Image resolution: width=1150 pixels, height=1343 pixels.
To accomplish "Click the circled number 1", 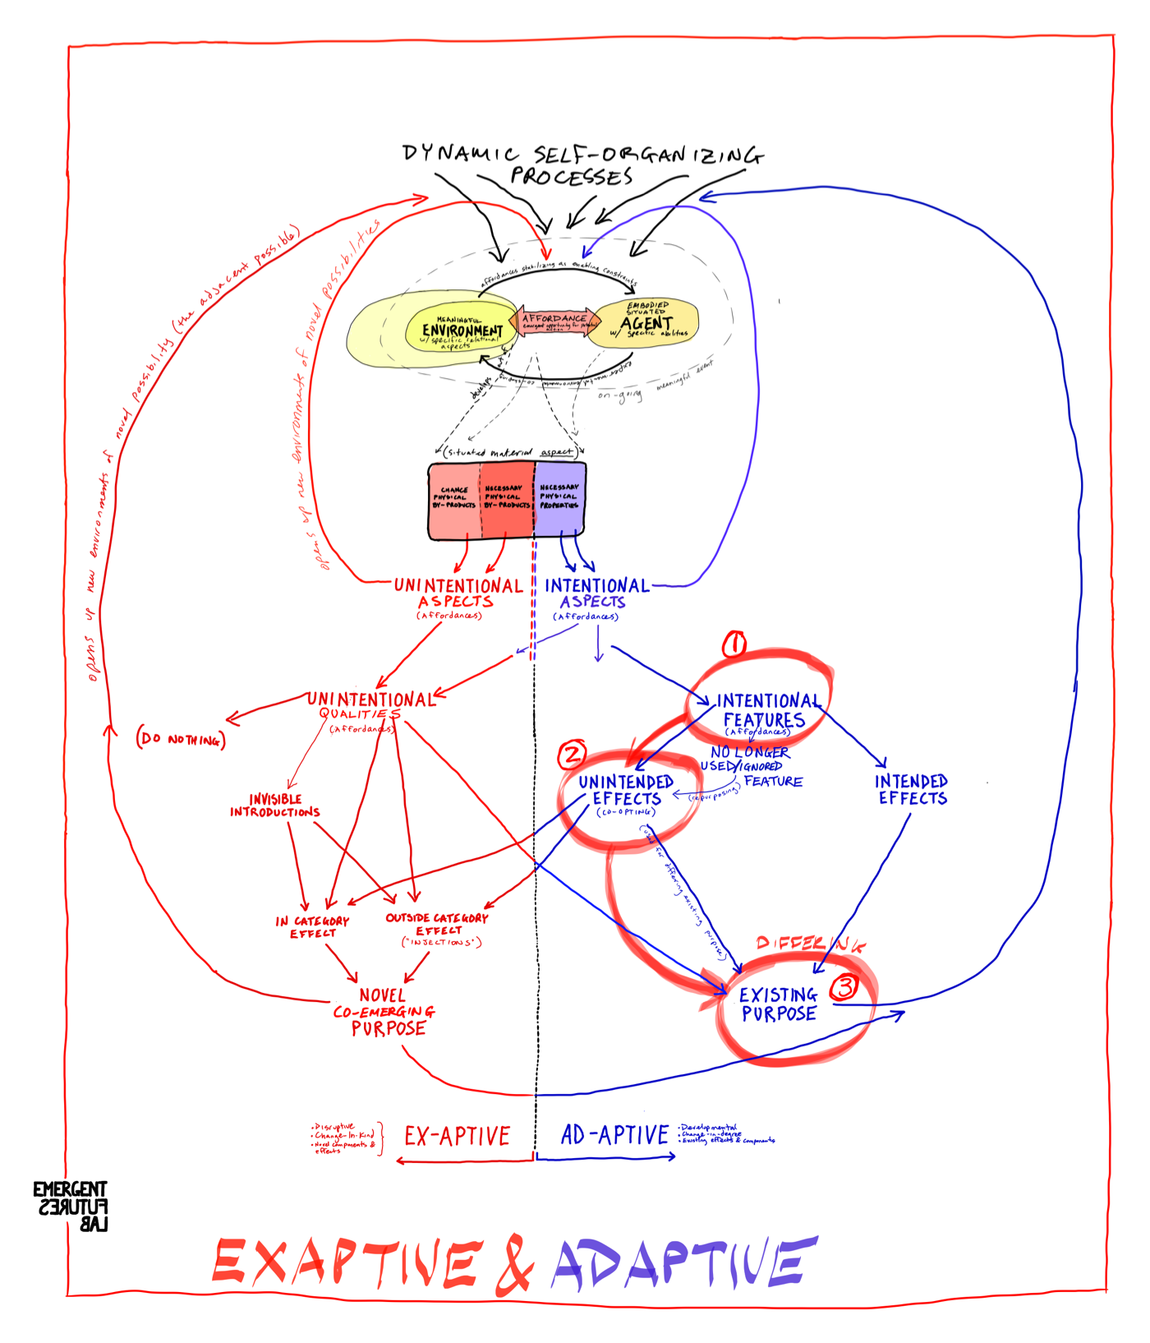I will (734, 644).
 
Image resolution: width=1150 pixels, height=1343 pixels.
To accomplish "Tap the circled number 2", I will (572, 755).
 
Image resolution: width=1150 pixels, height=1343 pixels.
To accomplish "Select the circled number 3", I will (844, 987).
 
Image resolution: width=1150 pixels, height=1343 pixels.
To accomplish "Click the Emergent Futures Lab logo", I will (71, 1206).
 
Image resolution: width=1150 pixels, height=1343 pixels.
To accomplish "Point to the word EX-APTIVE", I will (457, 1136).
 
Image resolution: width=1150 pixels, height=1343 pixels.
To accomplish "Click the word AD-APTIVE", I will (614, 1135).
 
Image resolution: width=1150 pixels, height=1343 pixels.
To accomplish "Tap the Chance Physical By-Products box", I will (454, 498).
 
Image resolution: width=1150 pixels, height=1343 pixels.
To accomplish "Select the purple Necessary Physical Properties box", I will (559, 497).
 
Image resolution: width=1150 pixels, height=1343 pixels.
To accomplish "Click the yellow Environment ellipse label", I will (462, 330).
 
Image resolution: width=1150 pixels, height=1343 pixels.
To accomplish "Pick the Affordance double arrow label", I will (554, 320).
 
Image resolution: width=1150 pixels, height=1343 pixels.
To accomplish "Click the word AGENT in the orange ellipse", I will (646, 323).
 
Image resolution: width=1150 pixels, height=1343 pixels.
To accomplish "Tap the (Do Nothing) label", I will (181, 739).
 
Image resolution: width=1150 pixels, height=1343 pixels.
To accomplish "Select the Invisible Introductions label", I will (275, 805).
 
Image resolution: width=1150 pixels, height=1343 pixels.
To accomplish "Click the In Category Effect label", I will (312, 927).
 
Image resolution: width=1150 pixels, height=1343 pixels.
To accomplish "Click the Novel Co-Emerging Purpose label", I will (384, 1012).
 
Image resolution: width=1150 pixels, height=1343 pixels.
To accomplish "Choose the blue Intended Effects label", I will (911, 789).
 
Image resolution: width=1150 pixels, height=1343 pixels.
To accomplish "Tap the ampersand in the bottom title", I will (515, 1263).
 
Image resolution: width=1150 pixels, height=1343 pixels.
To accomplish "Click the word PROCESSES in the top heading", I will (572, 177).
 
